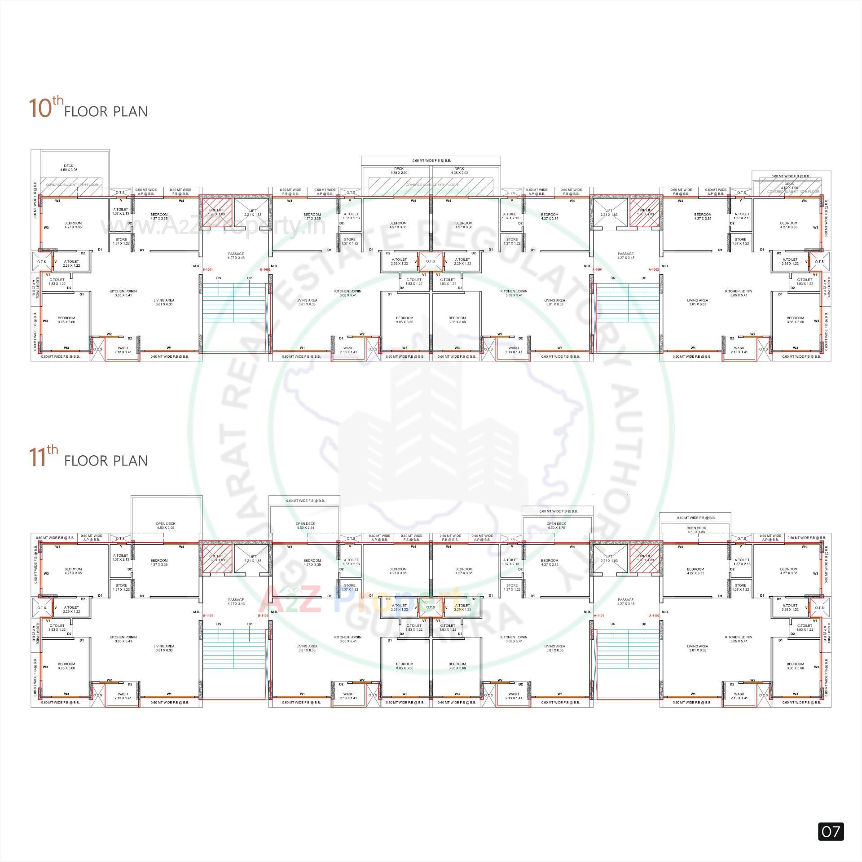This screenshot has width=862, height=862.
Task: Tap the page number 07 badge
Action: click(x=830, y=831)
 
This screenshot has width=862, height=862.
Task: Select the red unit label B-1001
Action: click(x=208, y=270)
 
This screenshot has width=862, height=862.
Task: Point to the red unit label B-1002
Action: click(x=265, y=270)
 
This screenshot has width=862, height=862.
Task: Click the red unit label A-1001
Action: click(x=597, y=270)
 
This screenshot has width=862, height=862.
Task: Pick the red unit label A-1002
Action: click(x=654, y=270)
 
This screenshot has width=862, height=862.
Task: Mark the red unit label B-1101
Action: click(x=208, y=616)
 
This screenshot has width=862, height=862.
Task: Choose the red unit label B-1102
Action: click(x=263, y=616)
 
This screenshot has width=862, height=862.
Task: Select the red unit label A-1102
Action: click(x=654, y=616)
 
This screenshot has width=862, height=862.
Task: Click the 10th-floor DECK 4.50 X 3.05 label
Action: click(x=69, y=168)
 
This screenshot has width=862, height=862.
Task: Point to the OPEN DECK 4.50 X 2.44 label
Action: click(x=305, y=526)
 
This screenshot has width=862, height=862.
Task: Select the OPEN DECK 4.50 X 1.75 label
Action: click(x=556, y=526)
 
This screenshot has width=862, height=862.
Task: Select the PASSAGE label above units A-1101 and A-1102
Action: click(x=625, y=602)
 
